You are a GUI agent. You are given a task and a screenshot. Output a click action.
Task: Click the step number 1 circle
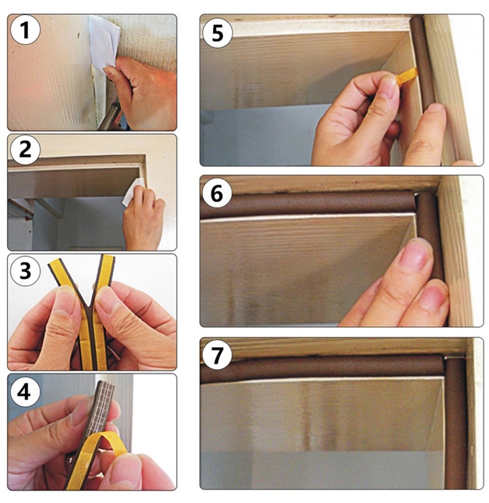24,30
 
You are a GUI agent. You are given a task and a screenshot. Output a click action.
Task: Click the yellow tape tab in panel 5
407,75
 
